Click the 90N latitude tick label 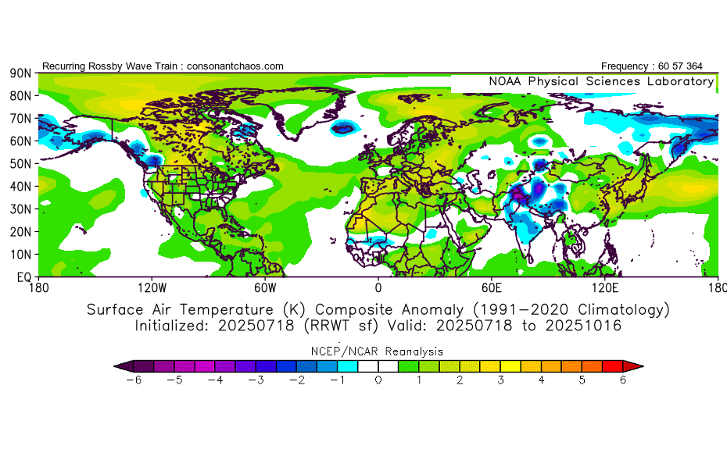20,73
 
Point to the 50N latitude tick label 20,164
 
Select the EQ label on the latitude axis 23,277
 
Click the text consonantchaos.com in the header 234,66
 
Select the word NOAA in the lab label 507,81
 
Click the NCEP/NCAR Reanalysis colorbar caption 378,351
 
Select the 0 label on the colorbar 378,380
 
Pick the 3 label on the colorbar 500,380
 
